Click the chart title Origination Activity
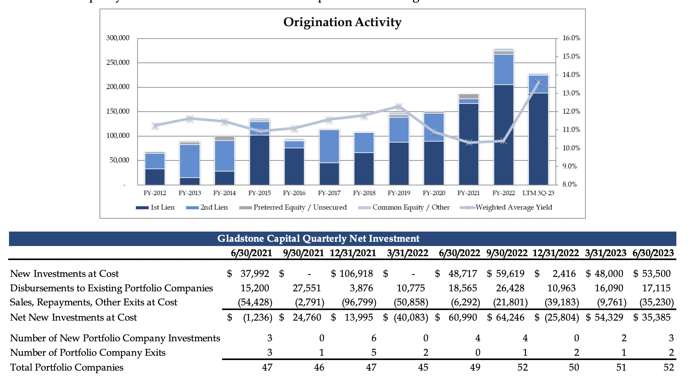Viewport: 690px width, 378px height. point(342,22)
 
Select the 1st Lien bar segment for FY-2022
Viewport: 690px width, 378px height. point(503,134)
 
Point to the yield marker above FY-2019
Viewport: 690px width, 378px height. point(399,106)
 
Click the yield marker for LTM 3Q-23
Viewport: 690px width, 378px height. point(539,82)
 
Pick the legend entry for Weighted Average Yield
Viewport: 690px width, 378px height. point(514,207)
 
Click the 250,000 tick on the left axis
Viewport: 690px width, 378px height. point(117,62)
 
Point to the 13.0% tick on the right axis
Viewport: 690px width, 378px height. point(571,93)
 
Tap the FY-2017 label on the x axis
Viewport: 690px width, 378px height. point(329,193)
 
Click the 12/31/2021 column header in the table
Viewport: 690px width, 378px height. point(353,253)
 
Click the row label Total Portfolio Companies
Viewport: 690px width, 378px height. point(67,367)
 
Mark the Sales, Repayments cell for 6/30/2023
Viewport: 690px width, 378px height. point(656,302)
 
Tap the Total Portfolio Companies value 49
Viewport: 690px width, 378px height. point(475,367)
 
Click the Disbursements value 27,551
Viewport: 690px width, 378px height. point(307,288)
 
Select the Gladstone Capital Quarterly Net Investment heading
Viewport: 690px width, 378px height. point(318,239)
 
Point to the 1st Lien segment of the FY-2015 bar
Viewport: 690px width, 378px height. point(260,160)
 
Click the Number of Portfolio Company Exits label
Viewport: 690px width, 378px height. point(88,353)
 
